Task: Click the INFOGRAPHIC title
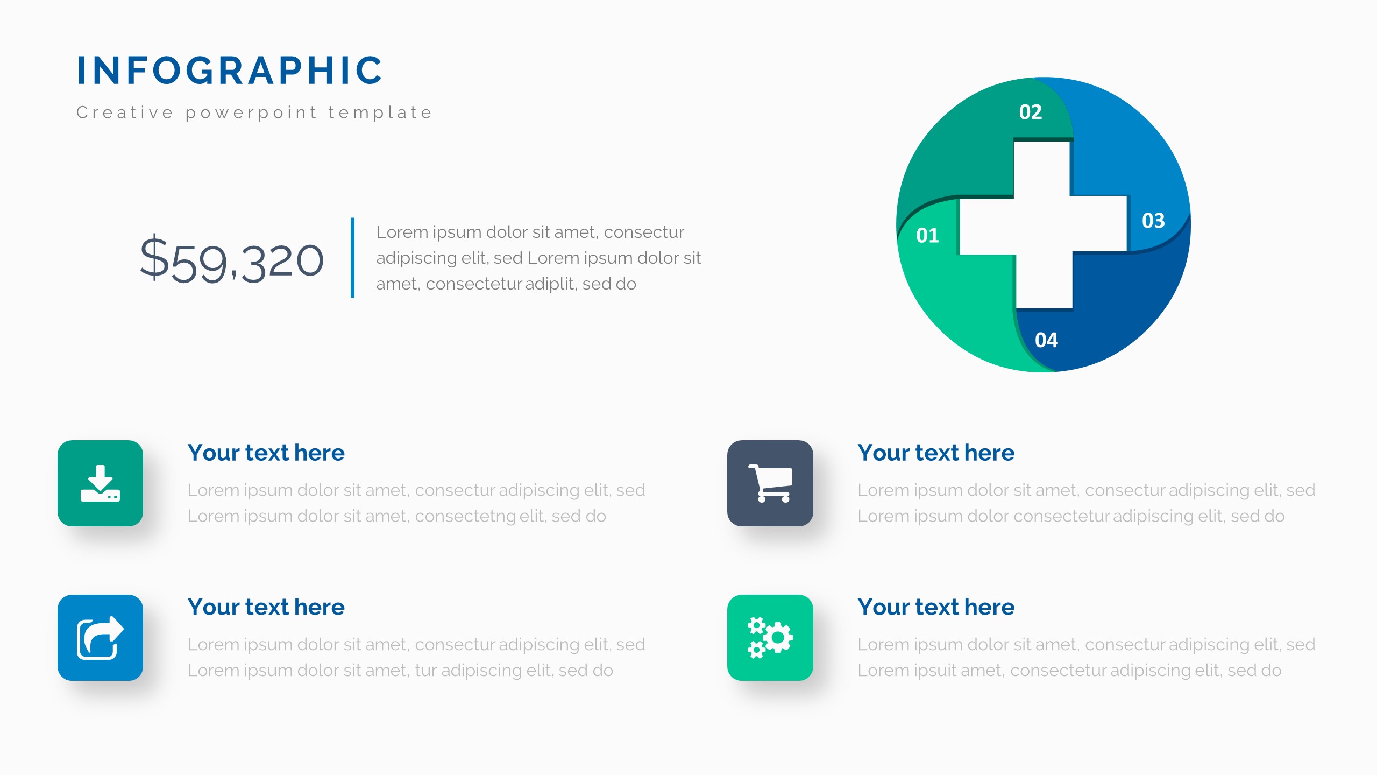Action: tap(230, 71)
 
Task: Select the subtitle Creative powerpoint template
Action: tap(254, 112)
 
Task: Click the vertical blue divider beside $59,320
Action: tap(352, 257)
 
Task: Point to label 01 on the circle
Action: tap(927, 235)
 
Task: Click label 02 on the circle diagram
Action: tap(1031, 112)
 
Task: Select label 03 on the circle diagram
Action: tap(1153, 221)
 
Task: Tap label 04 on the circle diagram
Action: tap(1046, 340)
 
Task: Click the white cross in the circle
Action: tap(1043, 225)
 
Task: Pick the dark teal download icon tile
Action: tap(100, 483)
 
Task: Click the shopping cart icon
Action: tap(770, 483)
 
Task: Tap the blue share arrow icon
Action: tap(100, 638)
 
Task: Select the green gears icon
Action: tap(770, 638)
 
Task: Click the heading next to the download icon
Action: tap(266, 453)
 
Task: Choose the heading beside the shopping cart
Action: tap(936, 453)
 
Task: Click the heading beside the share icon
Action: tap(266, 607)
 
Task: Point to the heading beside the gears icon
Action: tap(936, 607)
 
